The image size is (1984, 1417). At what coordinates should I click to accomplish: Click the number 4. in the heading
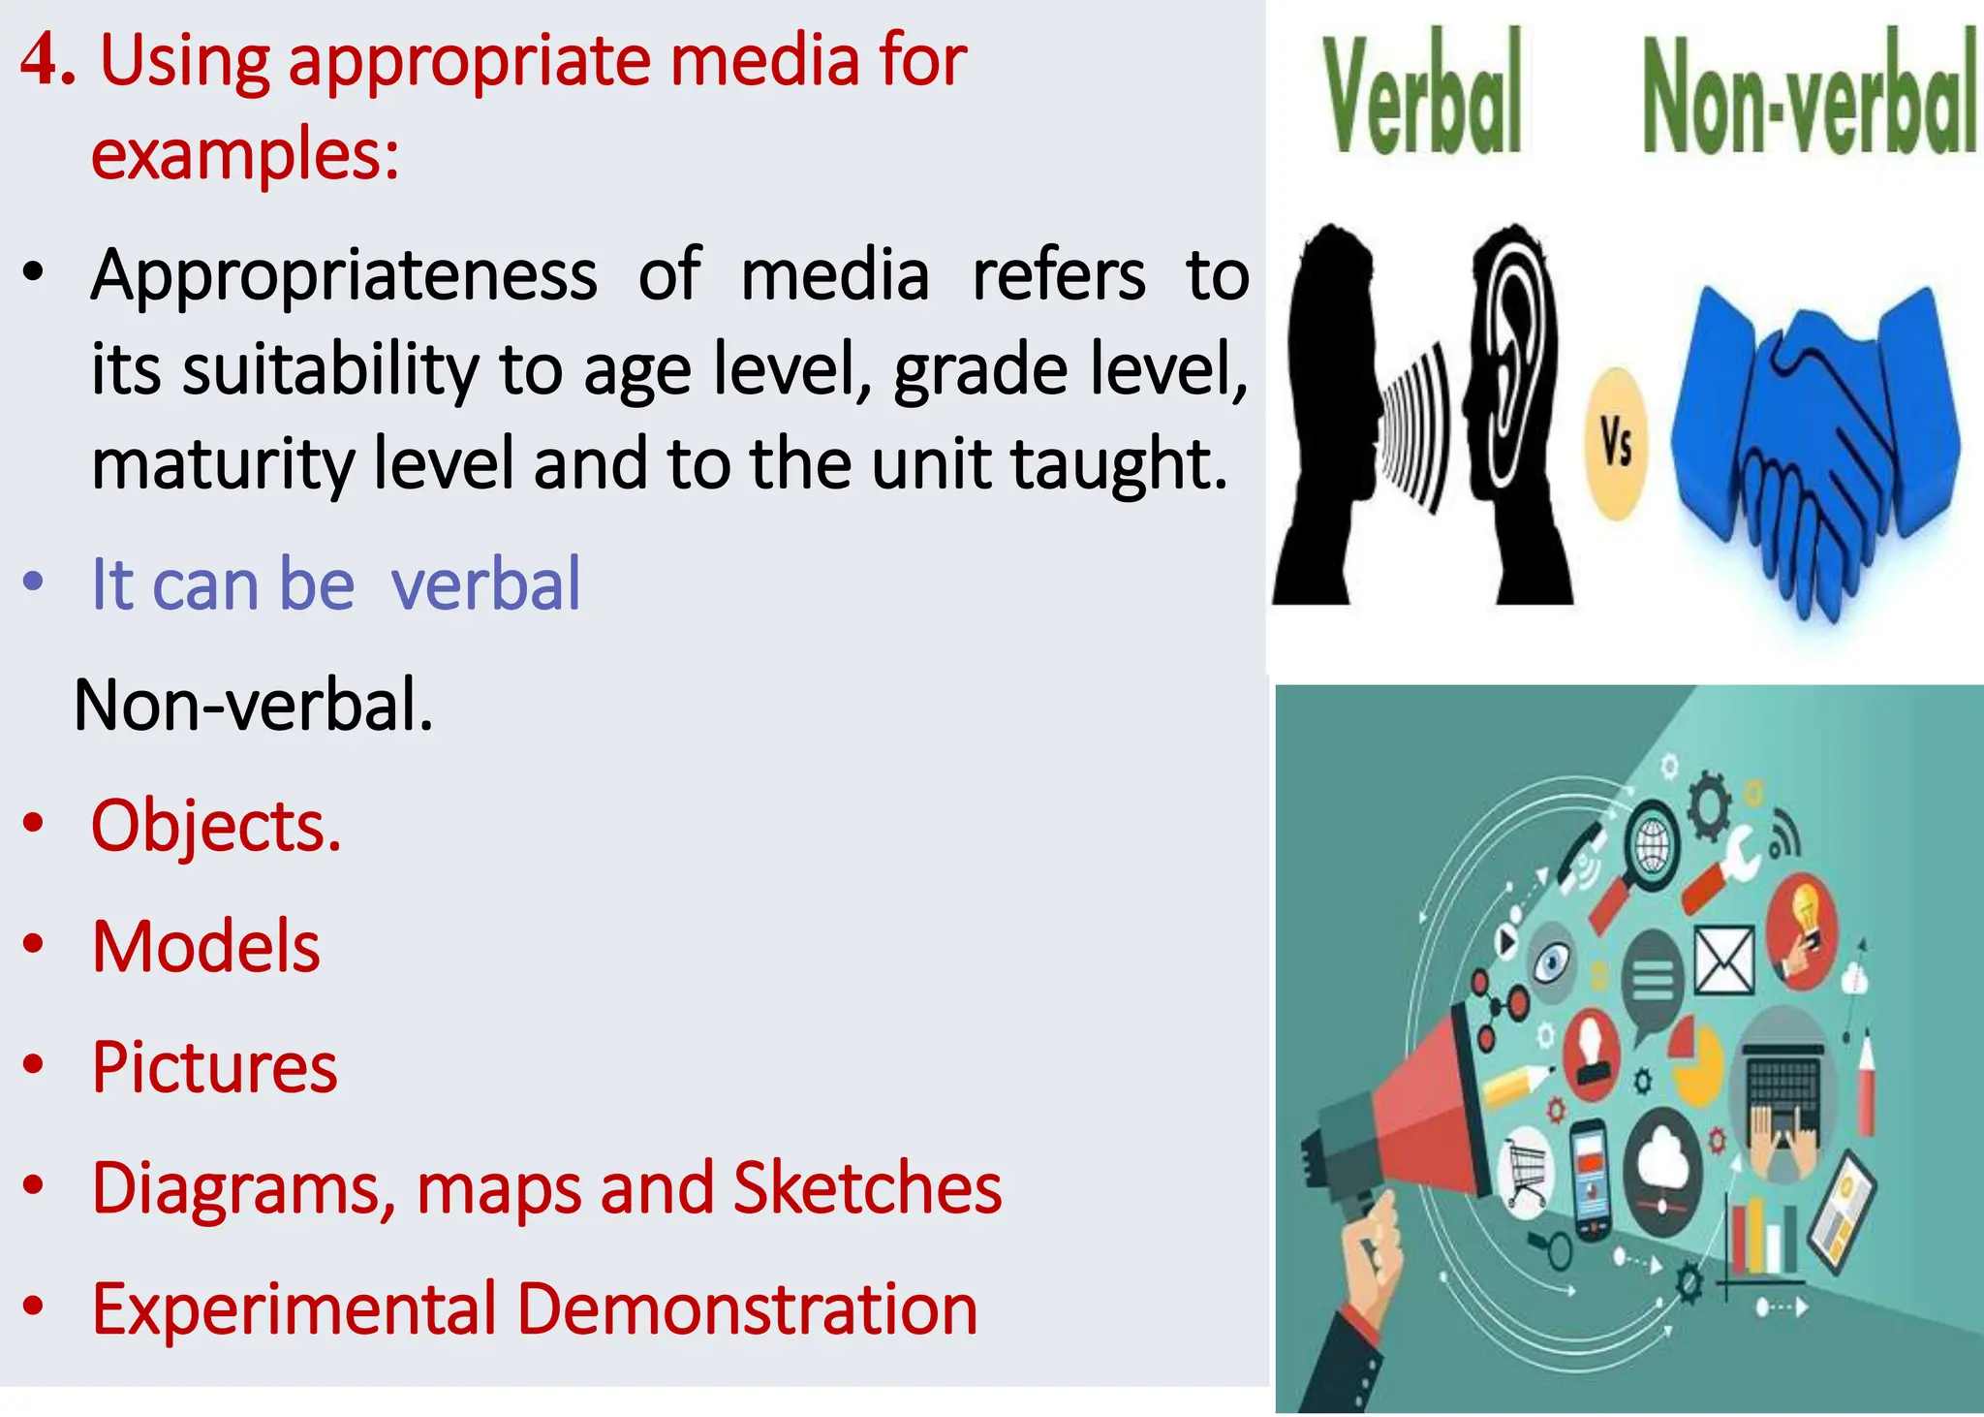[48, 60]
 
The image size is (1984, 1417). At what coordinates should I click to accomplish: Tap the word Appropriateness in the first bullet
[344, 276]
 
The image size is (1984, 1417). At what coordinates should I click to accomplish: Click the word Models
[205, 947]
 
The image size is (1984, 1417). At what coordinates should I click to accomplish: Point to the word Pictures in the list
[214, 1067]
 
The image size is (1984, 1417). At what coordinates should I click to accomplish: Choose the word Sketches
[867, 1188]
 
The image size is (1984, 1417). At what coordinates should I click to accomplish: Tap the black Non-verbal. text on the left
[254, 705]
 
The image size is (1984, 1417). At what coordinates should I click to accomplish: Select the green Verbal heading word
[1423, 97]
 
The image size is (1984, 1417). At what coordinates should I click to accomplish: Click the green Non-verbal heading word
[1808, 97]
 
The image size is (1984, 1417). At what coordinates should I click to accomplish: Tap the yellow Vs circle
[1616, 444]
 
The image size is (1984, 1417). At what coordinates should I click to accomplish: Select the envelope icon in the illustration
[1723, 960]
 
